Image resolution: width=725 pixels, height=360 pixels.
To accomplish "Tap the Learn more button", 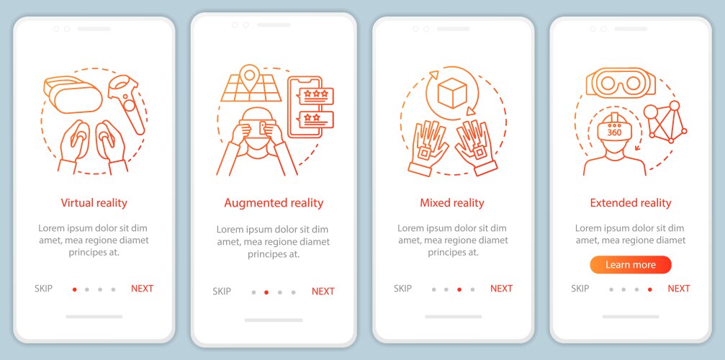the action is pyautogui.click(x=630, y=265).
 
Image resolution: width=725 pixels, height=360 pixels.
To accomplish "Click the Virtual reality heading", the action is pyautogui.click(x=94, y=202).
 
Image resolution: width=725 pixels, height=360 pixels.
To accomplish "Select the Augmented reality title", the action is pyautogui.click(x=274, y=203).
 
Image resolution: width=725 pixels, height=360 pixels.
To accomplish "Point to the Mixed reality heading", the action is pyautogui.click(x=451, y=202).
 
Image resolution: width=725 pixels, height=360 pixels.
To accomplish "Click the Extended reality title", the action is pyautogui.click(x=630, y=202).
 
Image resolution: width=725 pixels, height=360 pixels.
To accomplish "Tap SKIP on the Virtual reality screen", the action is pyautogui.click(x=43, y=289).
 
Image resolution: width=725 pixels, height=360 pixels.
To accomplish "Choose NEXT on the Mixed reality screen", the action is pyautogui.click(x=501, y=289).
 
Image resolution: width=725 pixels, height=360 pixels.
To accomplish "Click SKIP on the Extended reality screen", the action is pyautogui.click(x=580, y=289).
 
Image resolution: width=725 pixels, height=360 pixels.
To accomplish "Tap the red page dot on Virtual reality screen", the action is pyautogui.click(x=74, y=289).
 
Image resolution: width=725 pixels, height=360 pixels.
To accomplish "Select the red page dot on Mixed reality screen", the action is pyautogui.click(x=459, y=289).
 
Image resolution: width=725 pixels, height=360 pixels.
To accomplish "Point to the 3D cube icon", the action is pyautogui.click(x=451, y=93).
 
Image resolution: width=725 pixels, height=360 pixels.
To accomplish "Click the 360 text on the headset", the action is pyautogui.click(x=614, y=132).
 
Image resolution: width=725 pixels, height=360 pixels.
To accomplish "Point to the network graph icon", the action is pyautogui.click(x=665, y=121).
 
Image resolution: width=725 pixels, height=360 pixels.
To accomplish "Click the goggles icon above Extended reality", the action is pyautogui.click(x=621, y=83).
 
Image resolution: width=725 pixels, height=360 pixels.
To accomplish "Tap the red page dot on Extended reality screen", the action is pyautogui.click(x=650, y=289).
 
